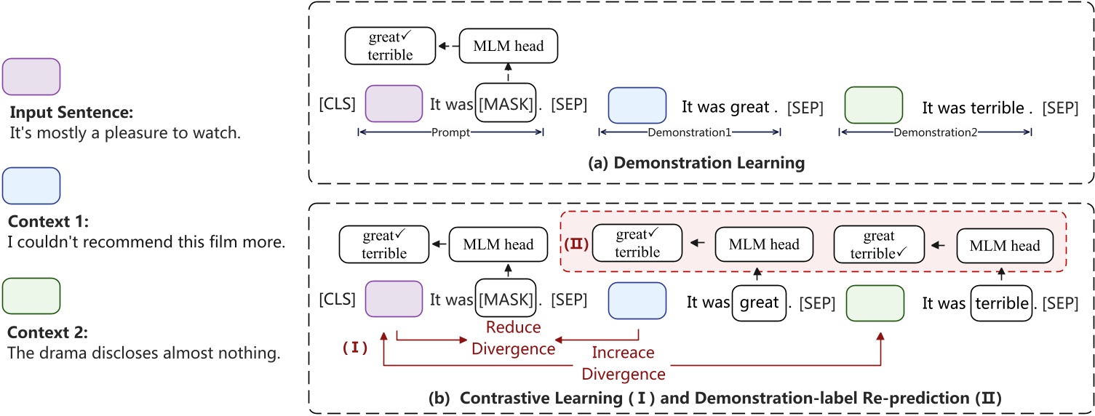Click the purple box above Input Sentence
tap(31, 76)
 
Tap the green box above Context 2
tap(31, 295)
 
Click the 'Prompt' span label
tap(450, 133)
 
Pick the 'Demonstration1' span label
tap(689, 133)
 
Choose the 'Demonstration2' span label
tap(935, 133)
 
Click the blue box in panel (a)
tap(637, 105)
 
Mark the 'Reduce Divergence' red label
tap(513, 338)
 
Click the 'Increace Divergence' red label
tap(624, 364)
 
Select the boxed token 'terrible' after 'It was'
tap(1002, 303)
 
